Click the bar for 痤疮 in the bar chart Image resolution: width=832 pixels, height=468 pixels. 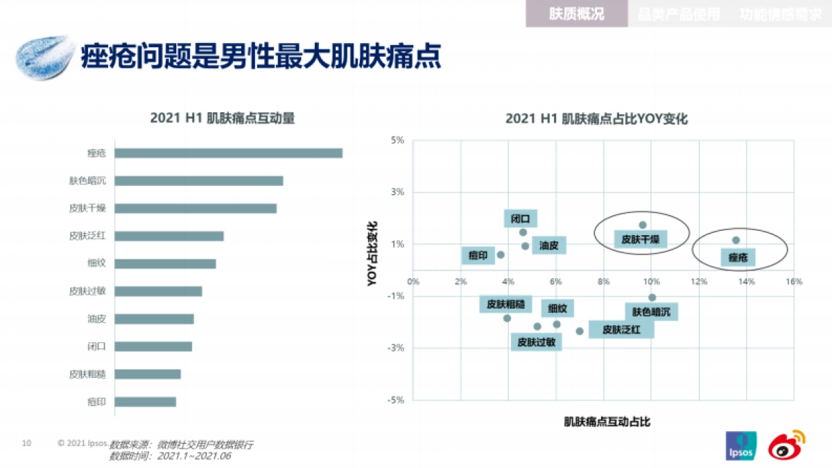click(x=228, y=153)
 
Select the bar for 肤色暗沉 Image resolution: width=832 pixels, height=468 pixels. click(x=198, y=181)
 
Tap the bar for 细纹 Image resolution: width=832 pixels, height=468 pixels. click(x=165, y=263)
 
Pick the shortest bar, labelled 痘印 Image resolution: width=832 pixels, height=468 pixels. click(x=145, y=401)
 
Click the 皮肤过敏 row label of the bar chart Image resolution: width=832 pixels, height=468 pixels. click(x=87, y=291)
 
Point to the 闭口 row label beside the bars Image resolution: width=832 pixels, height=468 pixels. click(x=96, y=347)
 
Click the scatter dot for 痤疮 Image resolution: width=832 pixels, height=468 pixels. click(x=736, y=240)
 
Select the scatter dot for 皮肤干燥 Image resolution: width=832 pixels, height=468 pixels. click(x=643, y=225)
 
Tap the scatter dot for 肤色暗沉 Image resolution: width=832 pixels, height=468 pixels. click(x=652, y=297)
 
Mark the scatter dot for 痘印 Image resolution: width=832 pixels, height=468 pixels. click(x=501, y=254)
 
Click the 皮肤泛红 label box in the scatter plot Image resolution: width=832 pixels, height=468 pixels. click(x=621, y=329)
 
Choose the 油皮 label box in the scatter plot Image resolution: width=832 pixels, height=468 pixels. click(x=549, y=245)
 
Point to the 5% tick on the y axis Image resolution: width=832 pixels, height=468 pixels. click(x=398, y=140)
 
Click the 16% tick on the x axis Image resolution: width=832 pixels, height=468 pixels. click(x=794, y=281)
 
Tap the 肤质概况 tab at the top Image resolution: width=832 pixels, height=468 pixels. click(x=576, y=14)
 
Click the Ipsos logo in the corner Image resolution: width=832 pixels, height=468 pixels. click(x=740, y=446)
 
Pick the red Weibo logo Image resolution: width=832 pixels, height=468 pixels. click(x=787, y=444)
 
